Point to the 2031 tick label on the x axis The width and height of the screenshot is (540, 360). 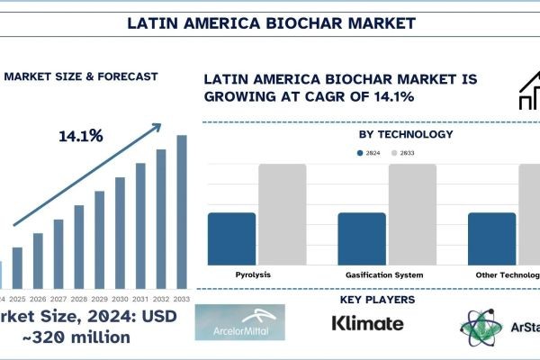coord(140,299)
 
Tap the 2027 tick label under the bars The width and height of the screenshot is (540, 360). coord(58,299)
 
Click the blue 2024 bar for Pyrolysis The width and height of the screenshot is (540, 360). coord(231,238)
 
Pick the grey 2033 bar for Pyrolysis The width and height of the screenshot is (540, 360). coord(282,214)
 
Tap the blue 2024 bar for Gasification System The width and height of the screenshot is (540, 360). coord(361,238)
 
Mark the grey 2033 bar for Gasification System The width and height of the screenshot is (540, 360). coord(412,214)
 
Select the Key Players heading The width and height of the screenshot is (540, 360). coord(377,299)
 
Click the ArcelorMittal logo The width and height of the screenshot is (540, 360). coord(239,322)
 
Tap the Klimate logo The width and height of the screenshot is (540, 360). coord(367,322)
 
